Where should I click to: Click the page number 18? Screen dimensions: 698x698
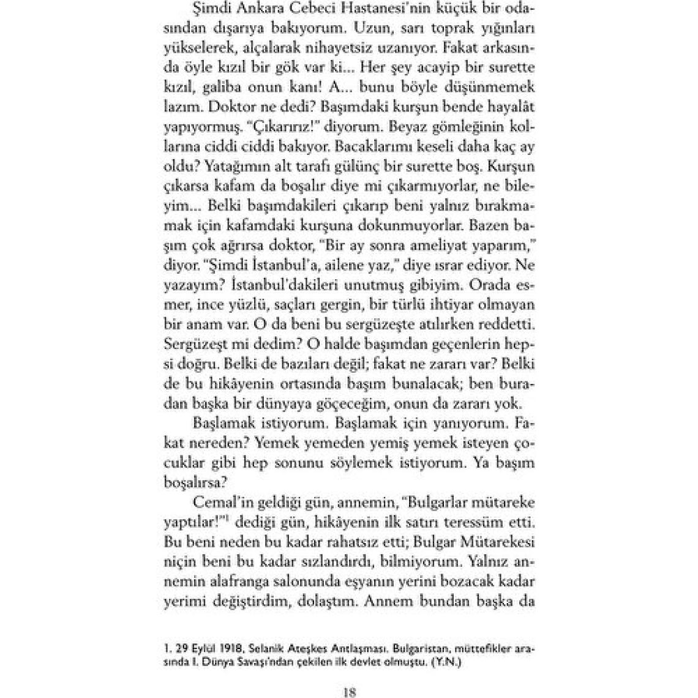point(349,692)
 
